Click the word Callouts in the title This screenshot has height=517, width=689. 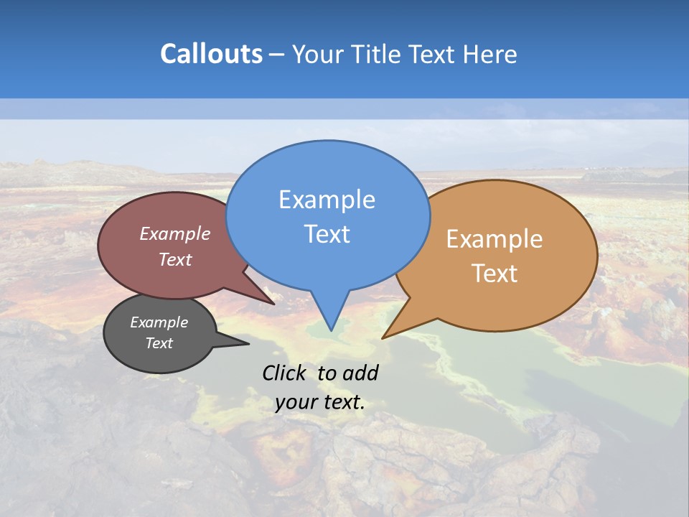click(x=211, y=54)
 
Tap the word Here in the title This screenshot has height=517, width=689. click(x=489, y=54)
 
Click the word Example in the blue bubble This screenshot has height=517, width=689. click(x=327, y=200)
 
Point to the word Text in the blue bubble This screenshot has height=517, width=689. click(x=327, y=234)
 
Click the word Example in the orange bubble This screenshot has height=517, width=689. click(x=495, y=239)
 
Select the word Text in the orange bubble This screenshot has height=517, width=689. click(x=495, y=274)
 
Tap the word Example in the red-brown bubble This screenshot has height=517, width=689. click(x=175, y=233)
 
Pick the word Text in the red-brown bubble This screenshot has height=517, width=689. click(x=175, y=259)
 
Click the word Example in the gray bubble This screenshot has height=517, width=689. click(x=159, y=322)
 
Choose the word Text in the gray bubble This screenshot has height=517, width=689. click(x=159, y=343)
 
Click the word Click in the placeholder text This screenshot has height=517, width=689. click(x=285, y=373)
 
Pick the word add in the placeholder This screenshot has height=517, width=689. click(x=360, y=373)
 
